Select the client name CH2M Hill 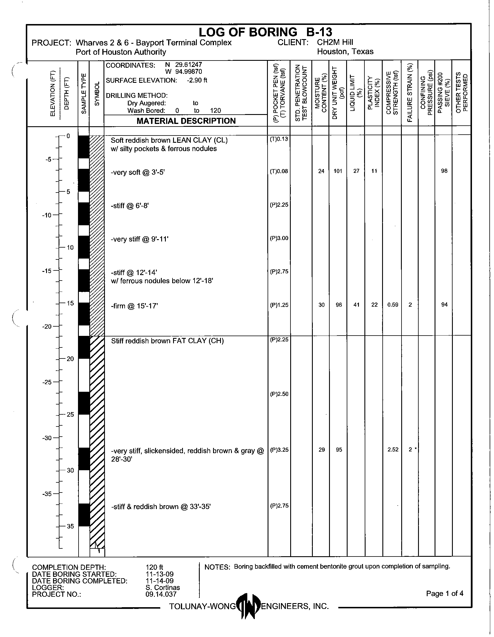tap(335, 42)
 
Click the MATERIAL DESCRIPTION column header tap(186, 121)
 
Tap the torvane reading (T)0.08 tap(279, 171)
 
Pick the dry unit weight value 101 tap(338, 171)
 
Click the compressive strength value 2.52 tap(393, 450)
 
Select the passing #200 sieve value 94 tap(444, 305)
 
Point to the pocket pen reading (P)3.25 tap(279, 450)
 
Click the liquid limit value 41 tap(356, 305)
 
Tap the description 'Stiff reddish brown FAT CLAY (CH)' tap(167, 341)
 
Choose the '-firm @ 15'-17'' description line tap(134, 306)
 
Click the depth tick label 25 tap(70, 414)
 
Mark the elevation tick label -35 tap(47, 494)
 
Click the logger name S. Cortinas tap(163, 587)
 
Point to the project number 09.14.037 tap(161, 594)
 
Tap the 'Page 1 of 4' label tap(444, 593)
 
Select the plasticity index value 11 tap(374, 171)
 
